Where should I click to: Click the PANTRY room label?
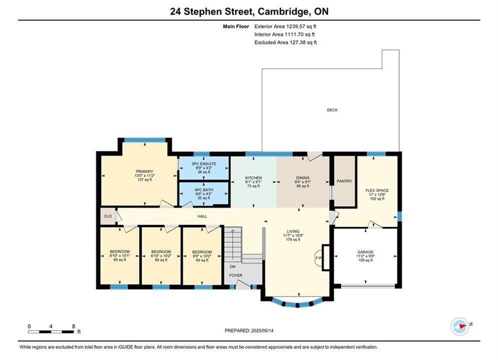344,181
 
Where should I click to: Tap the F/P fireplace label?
318,258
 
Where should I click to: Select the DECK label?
332,110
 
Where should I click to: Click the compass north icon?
459,325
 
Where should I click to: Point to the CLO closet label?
108,216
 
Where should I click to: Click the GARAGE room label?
365,252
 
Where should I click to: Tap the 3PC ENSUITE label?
204,164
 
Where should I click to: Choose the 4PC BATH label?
204,190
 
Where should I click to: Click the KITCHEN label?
253,178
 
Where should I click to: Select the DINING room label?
302,178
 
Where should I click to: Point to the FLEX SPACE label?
377,190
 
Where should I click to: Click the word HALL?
202,216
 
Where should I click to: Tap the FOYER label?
236,275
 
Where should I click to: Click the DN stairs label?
233,266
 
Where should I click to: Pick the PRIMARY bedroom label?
145,171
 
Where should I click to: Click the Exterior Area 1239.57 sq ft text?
285,26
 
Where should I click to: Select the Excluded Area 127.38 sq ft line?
285,42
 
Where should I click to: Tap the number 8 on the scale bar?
74,326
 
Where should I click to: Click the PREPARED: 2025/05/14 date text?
249,330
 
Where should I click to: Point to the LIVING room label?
293,231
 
